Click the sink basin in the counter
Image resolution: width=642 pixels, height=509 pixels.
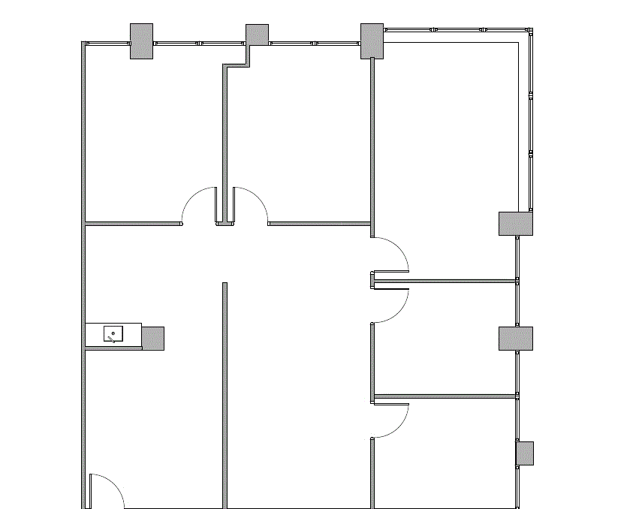click(113, 333)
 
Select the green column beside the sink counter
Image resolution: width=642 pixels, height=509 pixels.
click(153, 338)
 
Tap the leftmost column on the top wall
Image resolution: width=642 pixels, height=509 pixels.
click(141, 41)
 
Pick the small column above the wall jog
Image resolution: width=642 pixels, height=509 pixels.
click(257, 35)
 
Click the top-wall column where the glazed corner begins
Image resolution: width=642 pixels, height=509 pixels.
click(372, 41)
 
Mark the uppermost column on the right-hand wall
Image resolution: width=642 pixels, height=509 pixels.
click(516, 224)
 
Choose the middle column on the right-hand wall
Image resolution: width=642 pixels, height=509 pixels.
click(516, 339)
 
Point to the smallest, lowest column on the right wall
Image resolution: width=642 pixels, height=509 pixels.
click(524, 453)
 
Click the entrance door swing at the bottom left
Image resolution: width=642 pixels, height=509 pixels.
click(105, 492)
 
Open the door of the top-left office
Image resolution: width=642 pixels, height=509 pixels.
click(199, 205)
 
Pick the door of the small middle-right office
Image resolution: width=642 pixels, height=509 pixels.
click(390, 304)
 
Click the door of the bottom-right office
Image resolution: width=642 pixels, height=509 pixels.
click(390, 420)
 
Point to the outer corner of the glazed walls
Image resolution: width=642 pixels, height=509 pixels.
click(530, 32)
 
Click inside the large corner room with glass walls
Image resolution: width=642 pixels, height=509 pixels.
click(447, 135)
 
